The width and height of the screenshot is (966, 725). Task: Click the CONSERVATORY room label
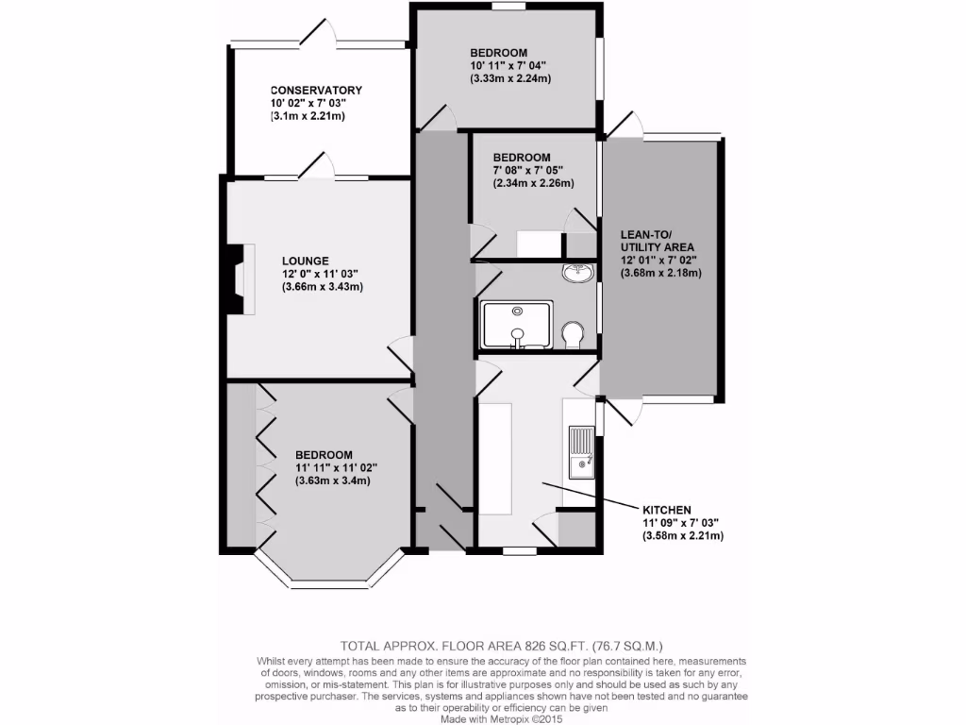316,91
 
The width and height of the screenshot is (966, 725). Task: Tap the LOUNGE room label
305,261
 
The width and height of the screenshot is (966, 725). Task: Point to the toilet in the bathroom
572,335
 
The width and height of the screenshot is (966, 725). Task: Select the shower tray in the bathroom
516,325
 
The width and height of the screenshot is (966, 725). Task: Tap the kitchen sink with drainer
581,450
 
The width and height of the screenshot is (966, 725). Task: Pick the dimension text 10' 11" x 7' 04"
508,66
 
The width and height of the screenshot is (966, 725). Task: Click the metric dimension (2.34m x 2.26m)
533,184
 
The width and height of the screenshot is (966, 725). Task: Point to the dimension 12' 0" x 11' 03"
321,274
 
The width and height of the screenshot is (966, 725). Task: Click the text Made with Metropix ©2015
501,718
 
